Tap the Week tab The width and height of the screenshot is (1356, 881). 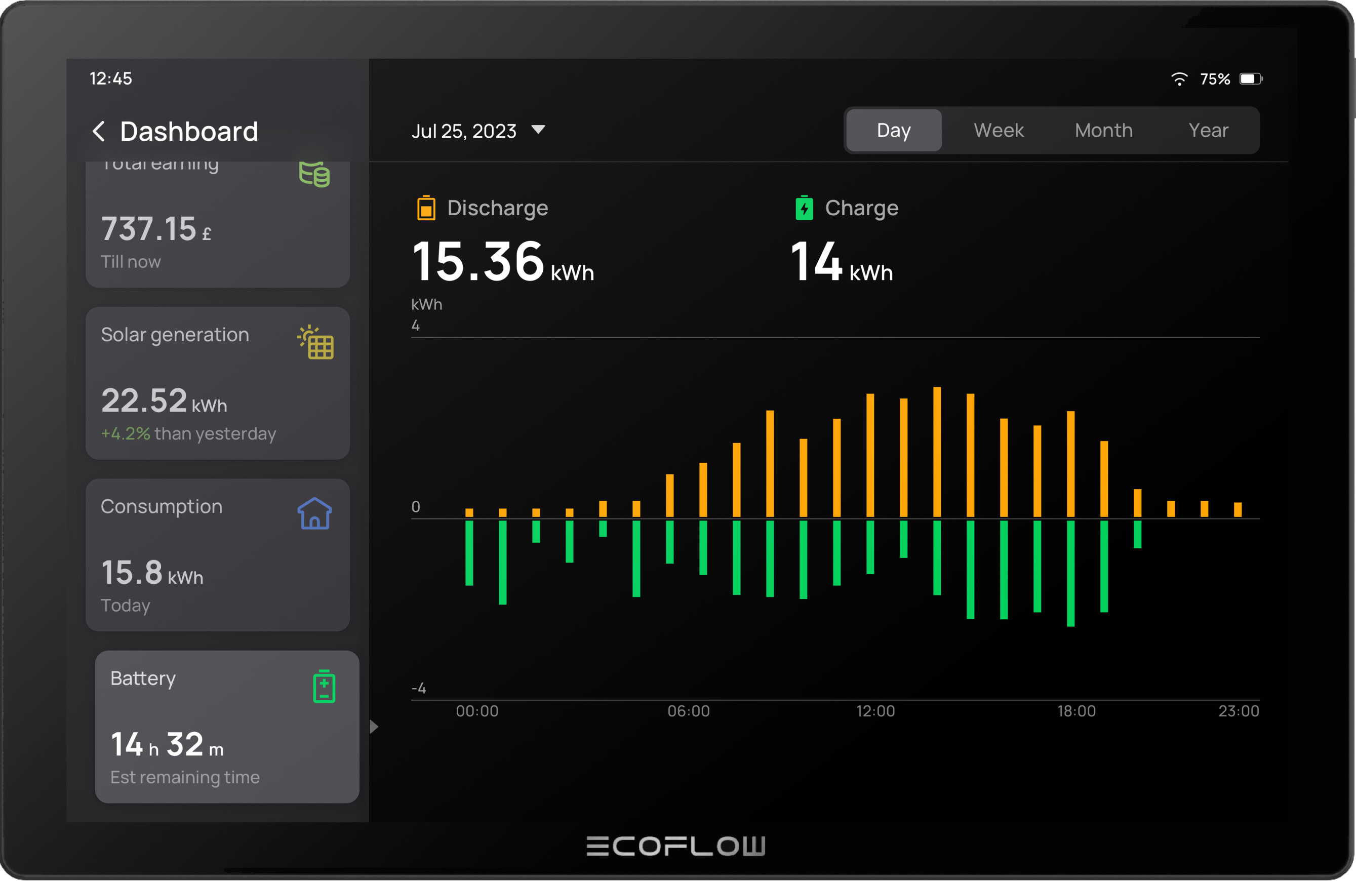998,131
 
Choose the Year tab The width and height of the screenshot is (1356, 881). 1208,131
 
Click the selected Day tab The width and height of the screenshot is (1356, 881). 893,131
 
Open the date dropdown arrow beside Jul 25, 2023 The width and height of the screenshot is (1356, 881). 538,130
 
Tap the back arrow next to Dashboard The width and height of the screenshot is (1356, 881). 99,131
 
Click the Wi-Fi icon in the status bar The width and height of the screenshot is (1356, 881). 1179,78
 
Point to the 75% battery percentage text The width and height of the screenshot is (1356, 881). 1215,78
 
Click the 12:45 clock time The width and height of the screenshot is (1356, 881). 110,78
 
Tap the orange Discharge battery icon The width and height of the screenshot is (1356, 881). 426,208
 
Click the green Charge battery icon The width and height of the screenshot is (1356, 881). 804,208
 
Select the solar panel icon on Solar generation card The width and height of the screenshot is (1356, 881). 316,342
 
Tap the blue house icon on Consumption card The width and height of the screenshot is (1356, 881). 314,513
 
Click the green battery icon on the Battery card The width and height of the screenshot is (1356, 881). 324,686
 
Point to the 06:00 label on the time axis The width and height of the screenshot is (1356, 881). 688,711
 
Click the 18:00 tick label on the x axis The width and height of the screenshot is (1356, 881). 1076,711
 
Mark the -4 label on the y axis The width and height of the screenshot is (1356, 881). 418,689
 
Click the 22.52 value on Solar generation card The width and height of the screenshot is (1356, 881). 144,401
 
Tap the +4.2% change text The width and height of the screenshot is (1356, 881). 126,433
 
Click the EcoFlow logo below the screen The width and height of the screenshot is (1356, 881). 675,846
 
